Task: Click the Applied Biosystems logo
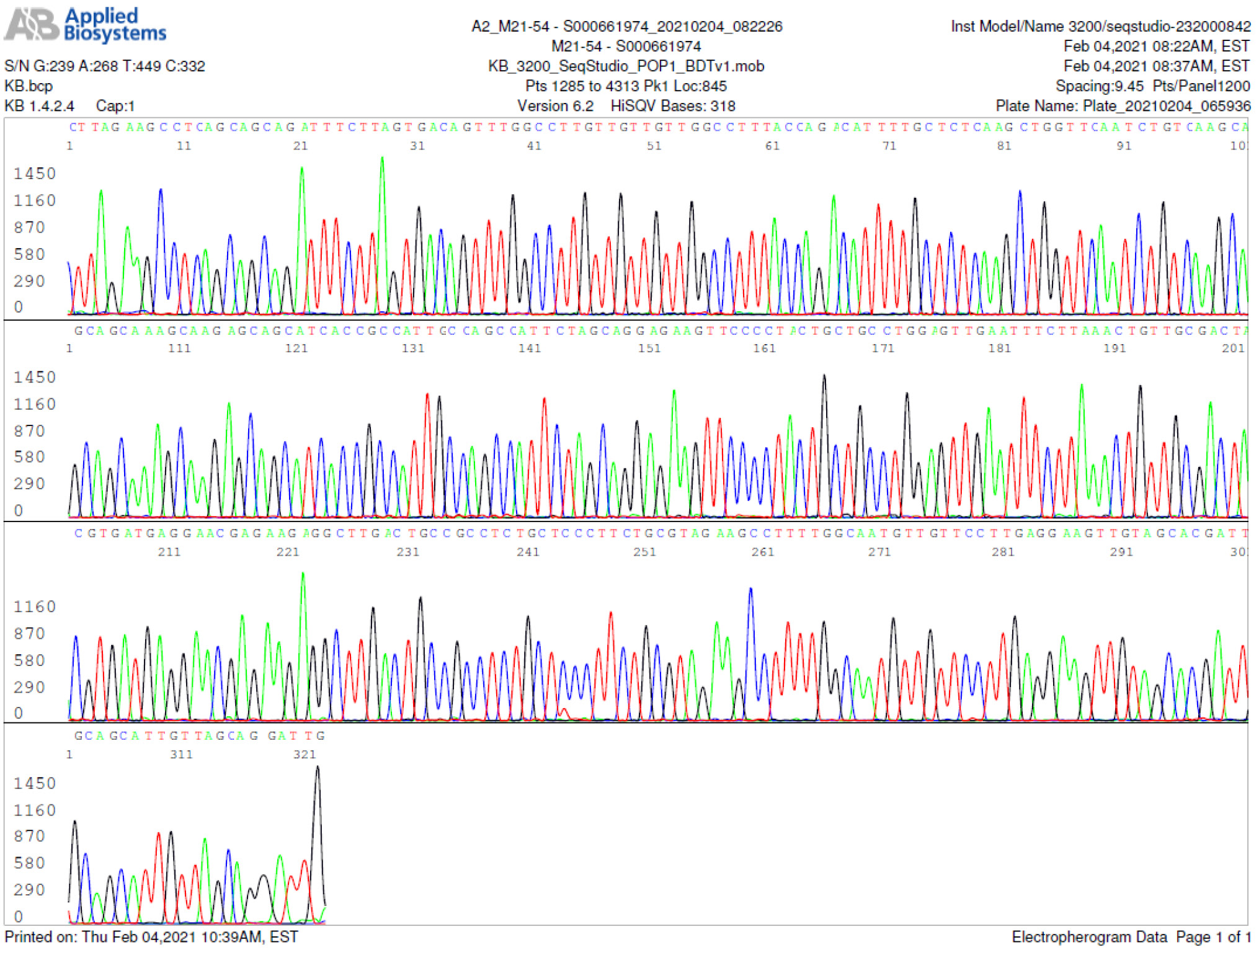tap(85, 25)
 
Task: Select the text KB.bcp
tap(29, 86)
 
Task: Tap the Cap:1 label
tap(115, 106)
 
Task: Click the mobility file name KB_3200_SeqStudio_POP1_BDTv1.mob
tap(626, 66)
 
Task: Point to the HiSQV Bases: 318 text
tap(673, 106)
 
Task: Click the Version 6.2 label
tap(555, 106)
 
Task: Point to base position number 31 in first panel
tap(417, 146)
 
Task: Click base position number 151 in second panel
tap(649, 349)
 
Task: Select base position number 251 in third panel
tap(644, 552)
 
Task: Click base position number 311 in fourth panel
tap(182, 755)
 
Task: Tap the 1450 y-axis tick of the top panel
tap(35, 174)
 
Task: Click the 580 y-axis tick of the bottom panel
tap(29, 863)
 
